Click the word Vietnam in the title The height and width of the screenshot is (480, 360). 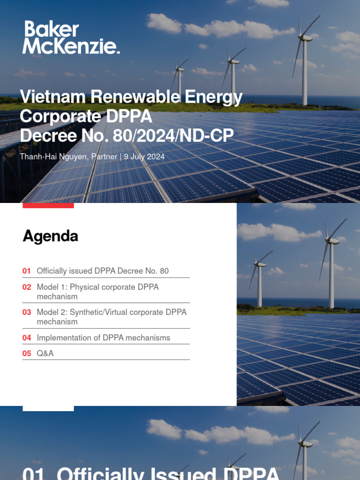pos(52,97)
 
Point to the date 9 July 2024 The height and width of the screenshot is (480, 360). pos(144,157)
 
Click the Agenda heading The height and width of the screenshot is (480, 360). pos(50,236)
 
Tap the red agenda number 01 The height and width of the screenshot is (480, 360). pos(27,271)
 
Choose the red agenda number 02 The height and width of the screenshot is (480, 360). pos(27,287)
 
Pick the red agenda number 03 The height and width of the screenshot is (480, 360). pos(27,312)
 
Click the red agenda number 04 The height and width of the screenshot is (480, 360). pos(27,337)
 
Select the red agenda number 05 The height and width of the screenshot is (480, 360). pos(27,353)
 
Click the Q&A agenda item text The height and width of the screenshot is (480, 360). pos(45,353)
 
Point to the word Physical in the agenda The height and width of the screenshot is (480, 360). pos(84,287)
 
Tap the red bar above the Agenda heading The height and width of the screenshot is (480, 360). pos(48,205)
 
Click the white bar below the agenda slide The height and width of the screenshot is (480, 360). pos(48,408)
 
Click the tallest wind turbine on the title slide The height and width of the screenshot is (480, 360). pos(305,61)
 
